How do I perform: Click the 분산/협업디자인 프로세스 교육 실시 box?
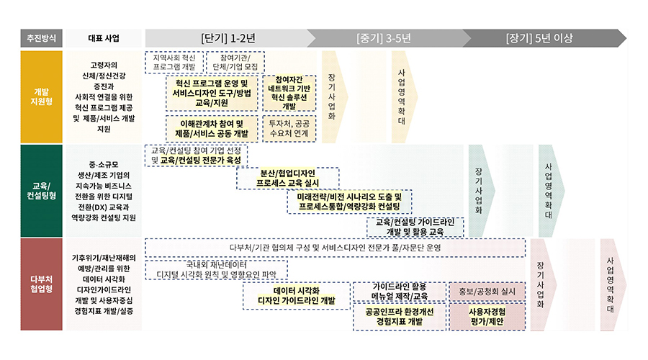click(288, 178)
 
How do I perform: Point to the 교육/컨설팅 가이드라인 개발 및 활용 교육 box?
click(415, 227)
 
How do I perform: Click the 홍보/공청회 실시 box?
click(482, 292)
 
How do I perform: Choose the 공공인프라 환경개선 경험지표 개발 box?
click(399, 317)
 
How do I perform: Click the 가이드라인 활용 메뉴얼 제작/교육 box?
click(399, 291)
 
